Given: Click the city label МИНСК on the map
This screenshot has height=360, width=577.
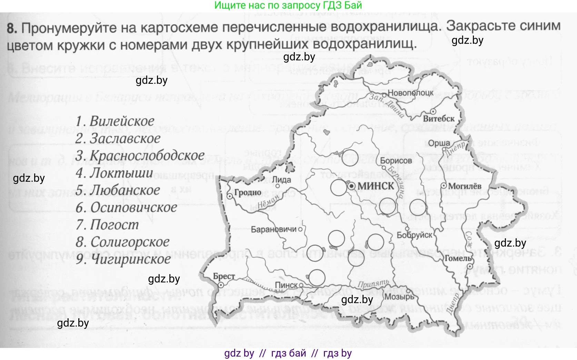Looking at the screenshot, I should pyautogui.click(x=376, y=186).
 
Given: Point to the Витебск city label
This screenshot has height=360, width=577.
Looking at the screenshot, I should pyautogui.click(x=439, y=119).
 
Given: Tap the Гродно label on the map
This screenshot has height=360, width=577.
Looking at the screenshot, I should pyautogui.click(x=248, y=192).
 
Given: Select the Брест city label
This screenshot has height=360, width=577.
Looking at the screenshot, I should pyautogui.click(x=224, y=277).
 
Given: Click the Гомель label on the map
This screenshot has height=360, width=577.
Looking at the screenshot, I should pyautogui.click(x=458, y=258).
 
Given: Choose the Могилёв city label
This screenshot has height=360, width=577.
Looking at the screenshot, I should pyautogui.click(x=465, y=186).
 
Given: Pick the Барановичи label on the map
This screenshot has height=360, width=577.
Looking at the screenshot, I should pyautogui.click(x=274, y=229).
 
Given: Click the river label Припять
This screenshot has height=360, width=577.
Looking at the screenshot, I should pyautogui.click(x=373, y=284).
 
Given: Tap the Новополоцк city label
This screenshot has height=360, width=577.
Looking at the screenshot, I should pyautogui.click(x=410, y=93).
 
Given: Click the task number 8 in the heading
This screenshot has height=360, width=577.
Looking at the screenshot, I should pyautogui.click(x=12, y=28).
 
